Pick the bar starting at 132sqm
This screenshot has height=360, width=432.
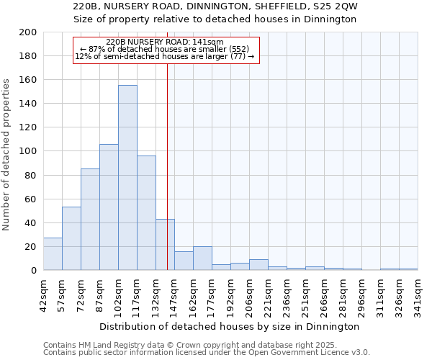point(165,245)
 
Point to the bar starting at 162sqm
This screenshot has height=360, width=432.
point(202,258)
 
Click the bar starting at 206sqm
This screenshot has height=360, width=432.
point(258,265)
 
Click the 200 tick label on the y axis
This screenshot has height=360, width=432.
point(27,32)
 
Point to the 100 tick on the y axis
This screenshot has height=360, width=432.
point(27,151)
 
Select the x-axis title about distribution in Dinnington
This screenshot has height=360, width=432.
point(230,326)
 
